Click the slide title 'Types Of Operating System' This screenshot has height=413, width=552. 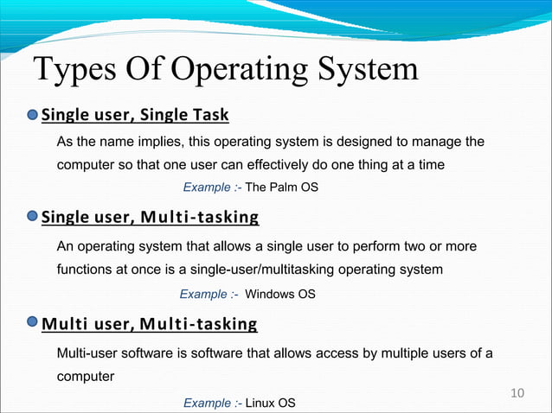pos(225,70)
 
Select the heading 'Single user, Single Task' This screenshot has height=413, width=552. pos(135,115)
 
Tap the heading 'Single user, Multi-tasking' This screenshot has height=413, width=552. pos(151,216)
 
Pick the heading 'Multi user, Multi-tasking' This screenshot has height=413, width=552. pos(150,325)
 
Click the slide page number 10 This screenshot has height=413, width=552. pos(518,394)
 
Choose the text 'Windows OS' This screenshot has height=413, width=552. pos(280,295)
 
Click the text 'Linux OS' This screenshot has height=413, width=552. pos(271,403)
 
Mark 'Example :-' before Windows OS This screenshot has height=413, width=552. pos(209,295)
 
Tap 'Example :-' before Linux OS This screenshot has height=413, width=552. pos(212,403)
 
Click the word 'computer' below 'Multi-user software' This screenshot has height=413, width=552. pos(85,378)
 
